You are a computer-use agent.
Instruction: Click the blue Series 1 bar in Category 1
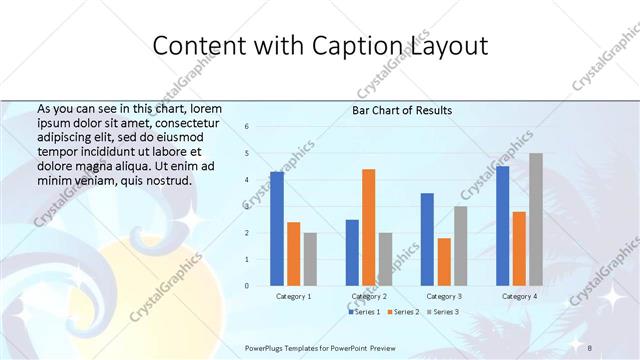click(277, 229)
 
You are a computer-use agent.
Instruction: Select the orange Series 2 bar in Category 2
click(369, 228)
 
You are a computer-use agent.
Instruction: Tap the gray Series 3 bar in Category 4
click(536, 220)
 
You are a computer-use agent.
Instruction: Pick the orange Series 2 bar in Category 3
click(444, 262)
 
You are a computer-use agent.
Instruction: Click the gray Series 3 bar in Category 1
click(310, 259)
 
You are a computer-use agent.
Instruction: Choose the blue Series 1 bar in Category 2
click(352, 253)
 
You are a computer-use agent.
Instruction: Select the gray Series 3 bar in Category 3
click(460, 246)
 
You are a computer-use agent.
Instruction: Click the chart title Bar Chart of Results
click(402, 110)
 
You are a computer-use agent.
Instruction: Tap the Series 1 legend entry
click(363, 313)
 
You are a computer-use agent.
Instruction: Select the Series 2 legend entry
click(403, 313)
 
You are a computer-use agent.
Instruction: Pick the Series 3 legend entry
click(442, 313)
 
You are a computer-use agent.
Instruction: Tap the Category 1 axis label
click(293, 297)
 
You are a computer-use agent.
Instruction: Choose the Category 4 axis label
click(518, 297)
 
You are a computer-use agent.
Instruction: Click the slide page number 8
click(590, 347)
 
